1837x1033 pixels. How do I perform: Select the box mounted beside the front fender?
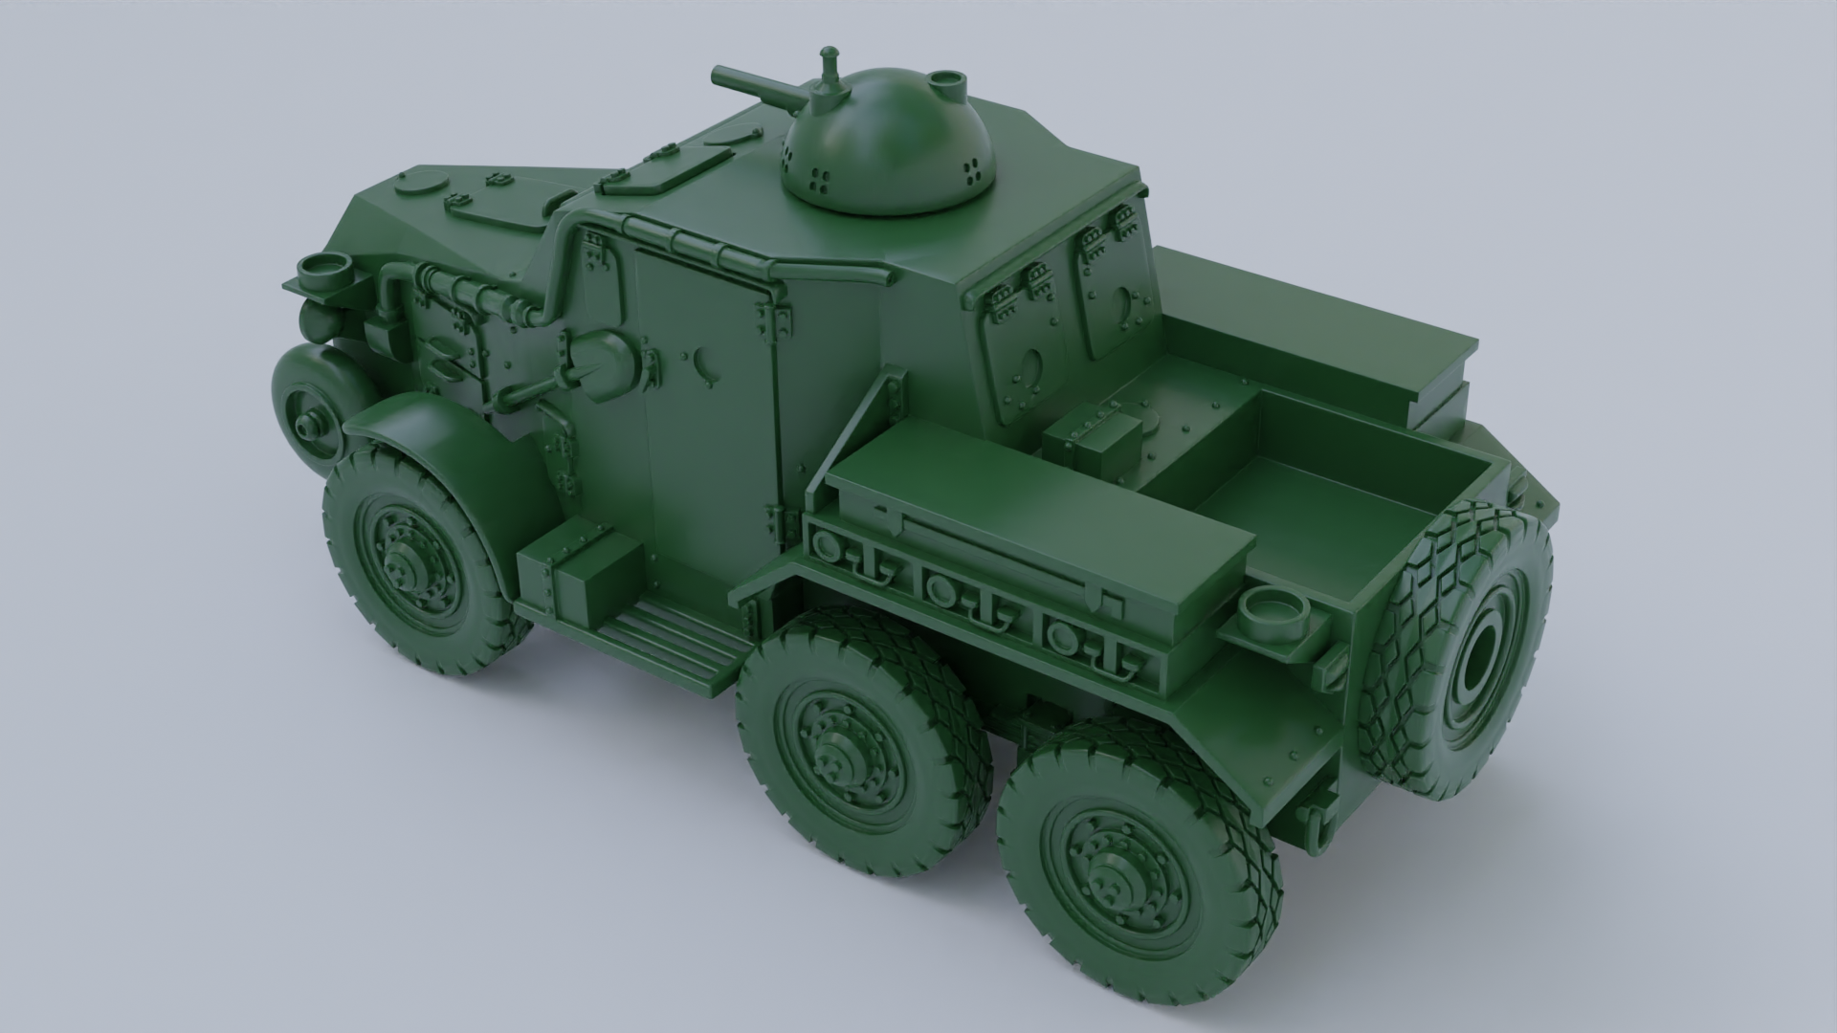pos(579,574)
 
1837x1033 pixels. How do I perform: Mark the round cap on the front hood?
pos(421,182)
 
